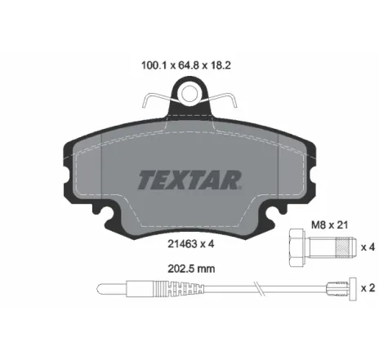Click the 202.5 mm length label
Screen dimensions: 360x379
coord(188,266)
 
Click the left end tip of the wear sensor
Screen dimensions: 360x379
coord(100,288)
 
